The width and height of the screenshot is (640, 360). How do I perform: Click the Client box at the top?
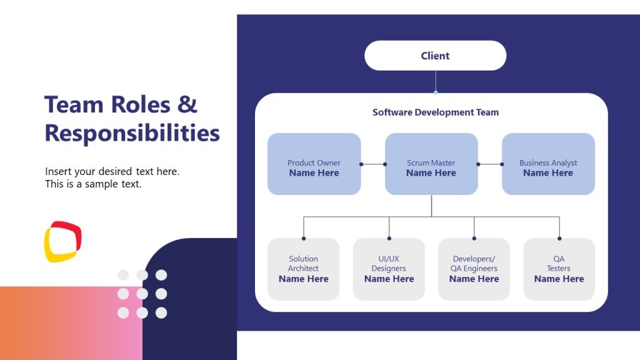435,56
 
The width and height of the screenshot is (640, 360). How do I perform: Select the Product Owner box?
314,164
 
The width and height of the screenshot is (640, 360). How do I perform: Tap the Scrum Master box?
431,164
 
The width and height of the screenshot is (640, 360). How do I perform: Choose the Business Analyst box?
548,164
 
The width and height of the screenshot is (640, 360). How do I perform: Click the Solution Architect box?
303,269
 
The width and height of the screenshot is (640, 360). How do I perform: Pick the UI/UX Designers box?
389,269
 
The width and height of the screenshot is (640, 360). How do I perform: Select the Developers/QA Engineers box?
474,269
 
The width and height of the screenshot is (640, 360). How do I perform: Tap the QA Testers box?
559,269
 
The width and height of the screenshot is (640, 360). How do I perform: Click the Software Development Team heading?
436,112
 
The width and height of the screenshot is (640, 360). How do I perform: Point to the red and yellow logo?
62,241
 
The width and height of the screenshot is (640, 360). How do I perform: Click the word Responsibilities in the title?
132,133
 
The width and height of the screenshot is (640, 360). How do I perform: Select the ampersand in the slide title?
187,104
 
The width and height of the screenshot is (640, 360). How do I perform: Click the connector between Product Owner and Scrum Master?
373,164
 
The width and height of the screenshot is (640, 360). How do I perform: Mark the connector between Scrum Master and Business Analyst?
490,164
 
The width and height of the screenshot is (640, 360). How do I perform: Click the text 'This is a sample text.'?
93,184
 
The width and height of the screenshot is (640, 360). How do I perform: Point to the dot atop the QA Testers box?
559,238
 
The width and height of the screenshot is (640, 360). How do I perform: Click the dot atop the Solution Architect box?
304,238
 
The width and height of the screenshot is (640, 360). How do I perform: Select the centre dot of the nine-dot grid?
142,294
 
